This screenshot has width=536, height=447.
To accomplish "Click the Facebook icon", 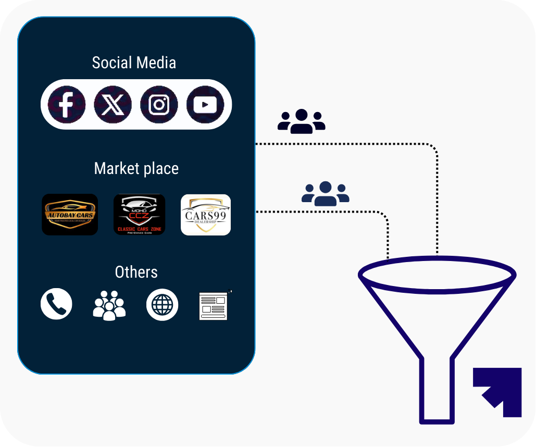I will (66, 105).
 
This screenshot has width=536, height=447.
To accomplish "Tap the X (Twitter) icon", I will (113, 105).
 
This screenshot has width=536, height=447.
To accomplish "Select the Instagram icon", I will (159, 105).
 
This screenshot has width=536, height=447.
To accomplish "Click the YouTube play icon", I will (205, 105).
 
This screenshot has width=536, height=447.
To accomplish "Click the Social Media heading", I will (134, 63).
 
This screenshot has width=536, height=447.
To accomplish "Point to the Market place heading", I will (136, 169).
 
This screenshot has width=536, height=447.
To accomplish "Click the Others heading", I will (136, 272).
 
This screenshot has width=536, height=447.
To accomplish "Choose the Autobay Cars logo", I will (70, 215).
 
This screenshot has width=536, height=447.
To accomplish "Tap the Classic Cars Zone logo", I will (139, 215).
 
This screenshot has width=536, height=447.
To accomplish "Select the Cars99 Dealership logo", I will (206, 215).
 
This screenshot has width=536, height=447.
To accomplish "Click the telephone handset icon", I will (56, 304).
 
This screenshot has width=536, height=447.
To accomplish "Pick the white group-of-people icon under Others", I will (109, 305).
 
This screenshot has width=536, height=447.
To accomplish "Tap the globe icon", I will (163, 304).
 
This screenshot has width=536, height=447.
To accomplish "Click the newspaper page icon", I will (214, 305).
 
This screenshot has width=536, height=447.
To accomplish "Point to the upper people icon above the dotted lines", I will (302, 122).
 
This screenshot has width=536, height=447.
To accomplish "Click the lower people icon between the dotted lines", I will (326, 194).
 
